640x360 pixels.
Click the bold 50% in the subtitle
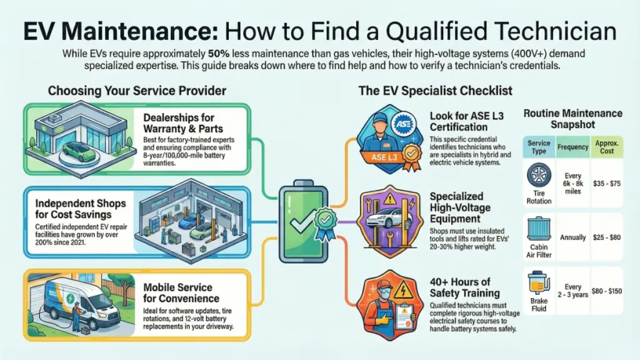point(218,54)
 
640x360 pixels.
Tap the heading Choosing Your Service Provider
point(137,91)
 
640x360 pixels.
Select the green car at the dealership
point(81,151)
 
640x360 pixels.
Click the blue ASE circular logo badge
point(404,124)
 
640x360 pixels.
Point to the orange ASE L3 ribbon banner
point(384,157)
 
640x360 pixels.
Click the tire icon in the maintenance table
point(539,176)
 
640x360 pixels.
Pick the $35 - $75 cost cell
point(607,184)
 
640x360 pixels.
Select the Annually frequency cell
point(572,237)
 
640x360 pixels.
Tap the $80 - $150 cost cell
point(607,291)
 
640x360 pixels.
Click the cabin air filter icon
point(539,229)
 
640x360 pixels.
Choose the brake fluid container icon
point(538,283)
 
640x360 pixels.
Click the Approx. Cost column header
point(607,147)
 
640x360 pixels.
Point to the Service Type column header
point(539,147)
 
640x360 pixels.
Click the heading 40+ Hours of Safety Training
point(464,287)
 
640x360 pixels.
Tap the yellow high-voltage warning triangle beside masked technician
point(403,290)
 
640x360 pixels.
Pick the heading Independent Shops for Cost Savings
point(81,209)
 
